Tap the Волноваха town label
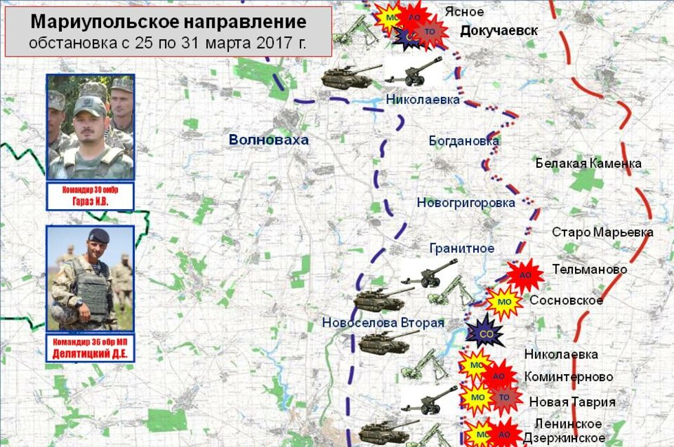pyautogui.click(x=269, y=140)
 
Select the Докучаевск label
pyautogui.click(x=499, y=30)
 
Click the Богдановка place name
pyautogui.click(x=464, y=141)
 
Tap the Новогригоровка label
pyautogui.click(x=466, y=203)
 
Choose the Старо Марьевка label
pyautogui.click(x=602, y=232)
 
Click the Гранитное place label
pyautogui.click(x=461, y=248)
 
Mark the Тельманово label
pyautogui.click(x=589, y=269)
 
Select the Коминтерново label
pyautogui.click(x=568, y=377)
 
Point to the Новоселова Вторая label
pyautogui.click(x=383, y=323)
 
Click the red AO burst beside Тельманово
pyautogui.click(x=525, y=274)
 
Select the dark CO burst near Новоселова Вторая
pyautogui.click(x=485, y=334)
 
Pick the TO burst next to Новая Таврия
pyautogui.click(x=504, y=397)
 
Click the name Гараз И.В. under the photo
pyautogui.click(x=90, y=201)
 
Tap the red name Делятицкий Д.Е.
pyautogui.click(x=90, y=354)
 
